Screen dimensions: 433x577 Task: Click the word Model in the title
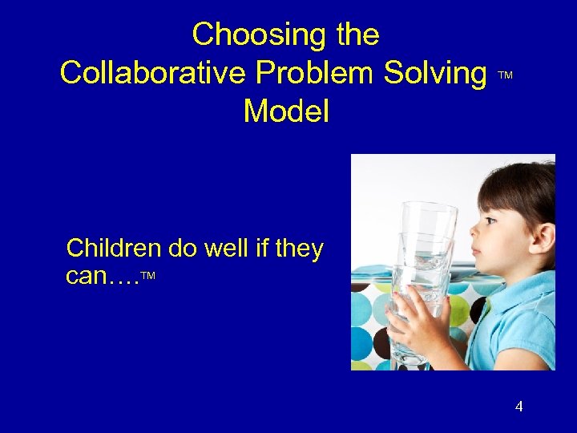coord(286,111)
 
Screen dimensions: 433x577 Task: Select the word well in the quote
coord(225,249)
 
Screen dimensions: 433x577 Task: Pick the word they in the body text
coord(298,249)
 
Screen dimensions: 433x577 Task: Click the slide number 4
coord(518,407)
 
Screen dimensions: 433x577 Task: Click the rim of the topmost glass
coord(426,208)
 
